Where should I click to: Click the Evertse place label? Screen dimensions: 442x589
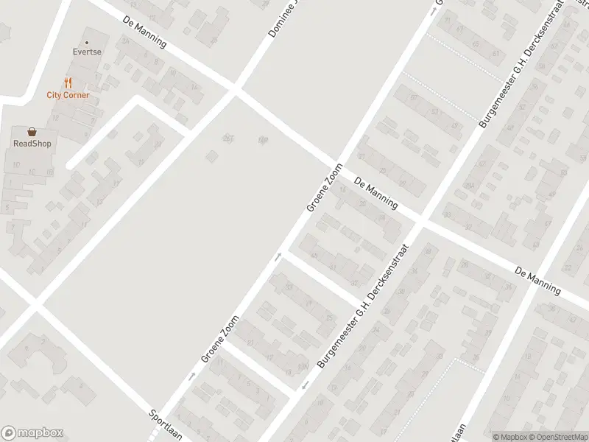pos(86,53)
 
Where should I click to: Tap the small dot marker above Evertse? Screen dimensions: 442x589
pos(86,43)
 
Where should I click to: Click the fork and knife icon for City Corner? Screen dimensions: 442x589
pos(68,83)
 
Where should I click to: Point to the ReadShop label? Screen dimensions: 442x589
pos(32,144)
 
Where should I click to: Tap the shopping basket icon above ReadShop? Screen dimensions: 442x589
pos(32,131)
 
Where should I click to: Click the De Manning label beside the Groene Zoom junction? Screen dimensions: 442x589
pos(375,193)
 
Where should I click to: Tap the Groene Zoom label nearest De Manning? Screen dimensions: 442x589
pos(325,187)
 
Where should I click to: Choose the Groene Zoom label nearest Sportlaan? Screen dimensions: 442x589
pos(220,340)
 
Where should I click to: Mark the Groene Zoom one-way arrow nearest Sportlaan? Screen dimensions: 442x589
pos(192,376)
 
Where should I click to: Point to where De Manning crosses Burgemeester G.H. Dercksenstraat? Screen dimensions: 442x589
pos(422,220)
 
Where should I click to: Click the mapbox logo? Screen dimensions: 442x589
pos(31,433)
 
